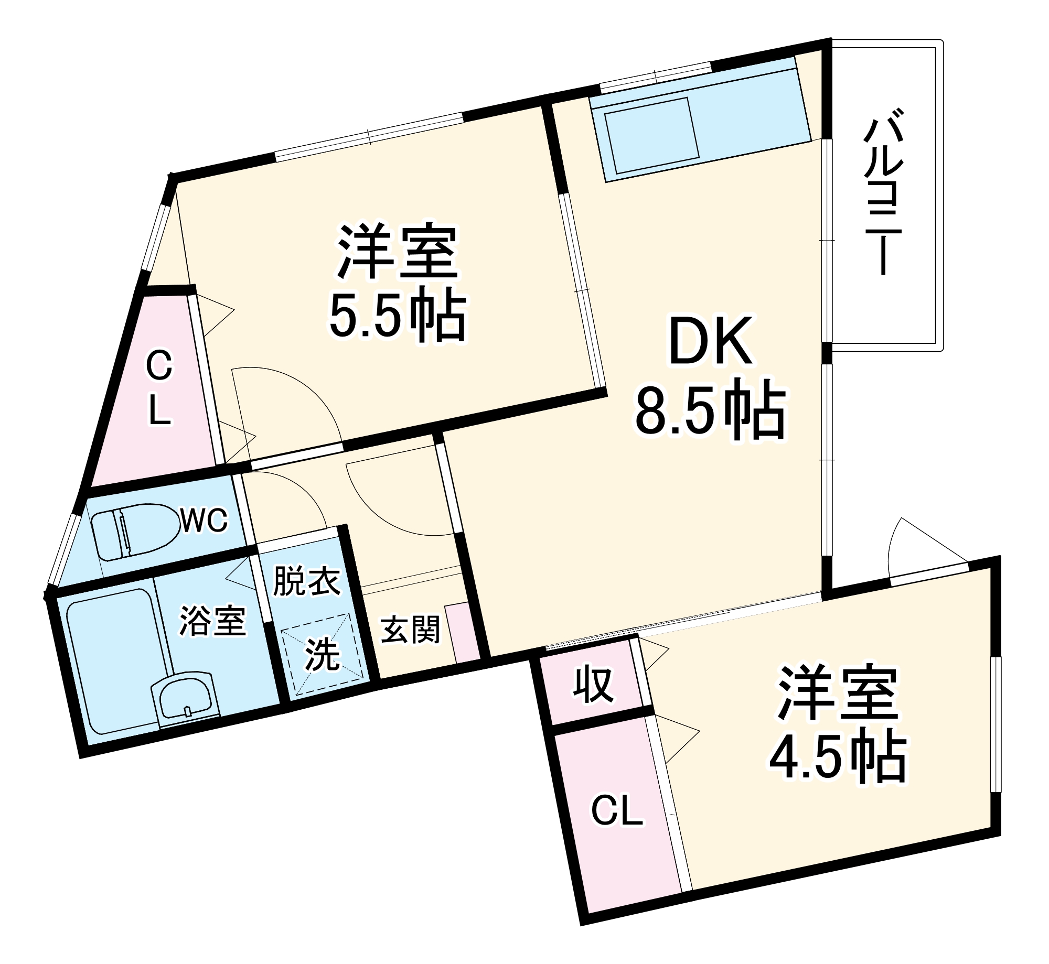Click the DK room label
point(711,342)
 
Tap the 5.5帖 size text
point(397,317)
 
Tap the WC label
point(205,520)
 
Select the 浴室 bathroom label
point(212,621)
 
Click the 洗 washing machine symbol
point(322,654)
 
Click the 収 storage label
point(593,685)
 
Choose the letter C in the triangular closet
point(159,365)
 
